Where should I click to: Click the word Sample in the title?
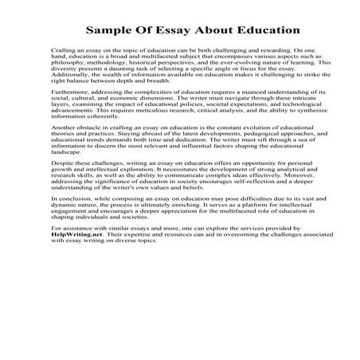pos(111,30)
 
